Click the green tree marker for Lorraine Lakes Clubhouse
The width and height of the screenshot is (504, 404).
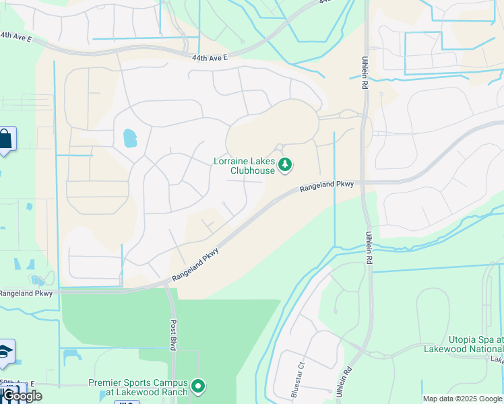pyautogui.click(x=285, y=164)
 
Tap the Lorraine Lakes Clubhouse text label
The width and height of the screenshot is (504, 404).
pyautogui.click(x=244, y=166)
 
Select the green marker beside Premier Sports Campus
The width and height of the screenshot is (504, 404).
pyautogui.click(x=198, y=386)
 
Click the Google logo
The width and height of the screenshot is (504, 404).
pyautogui.click(x=22, y=396)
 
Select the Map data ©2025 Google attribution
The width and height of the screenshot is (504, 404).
pyautogui.click(x=462, y=399)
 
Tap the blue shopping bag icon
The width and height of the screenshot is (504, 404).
pyautogui.click(x=5, y=139)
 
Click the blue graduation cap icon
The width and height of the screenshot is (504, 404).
pyautogui.click(x=5, y=352)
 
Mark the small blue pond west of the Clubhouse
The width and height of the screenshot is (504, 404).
pyautogui.click(x=129, y=138)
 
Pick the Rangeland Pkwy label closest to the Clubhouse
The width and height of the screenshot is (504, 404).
pyautogui.click(x=326, y=186)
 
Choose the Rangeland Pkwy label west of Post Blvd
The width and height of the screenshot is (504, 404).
pyautogui.click(x=26, y=293)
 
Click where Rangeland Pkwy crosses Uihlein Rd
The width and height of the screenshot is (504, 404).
pyautogui.click(x=367, y=182)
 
